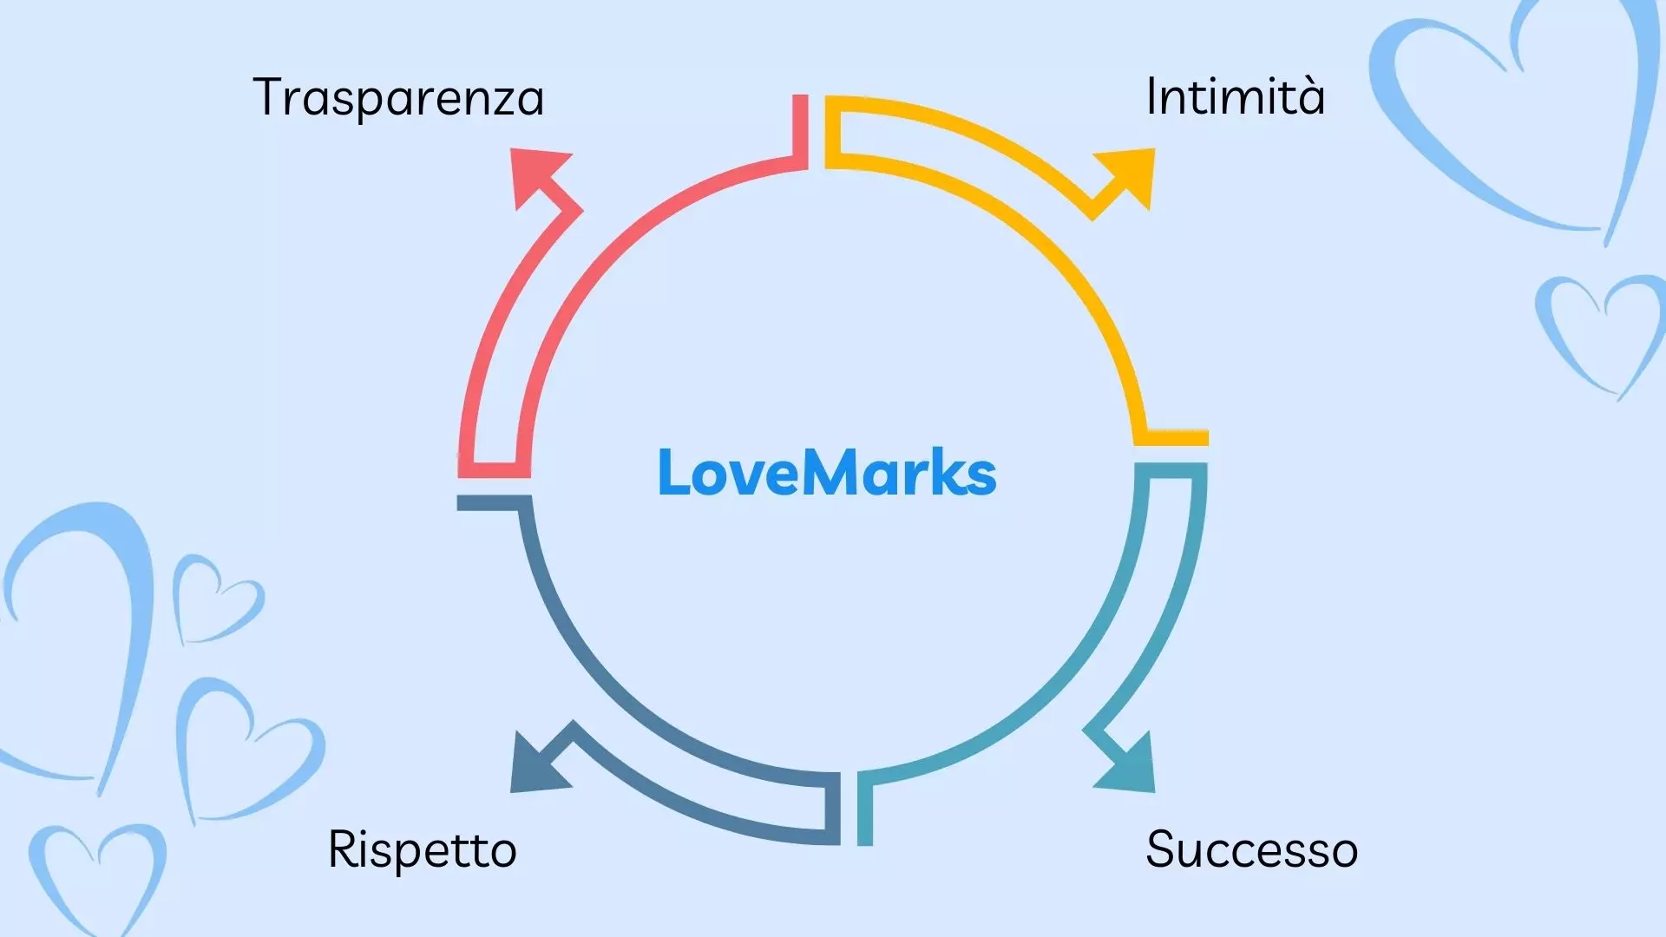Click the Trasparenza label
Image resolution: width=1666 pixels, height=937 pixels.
click(x=398, y=97)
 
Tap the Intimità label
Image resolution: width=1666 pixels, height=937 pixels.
click(x=1235, y=95)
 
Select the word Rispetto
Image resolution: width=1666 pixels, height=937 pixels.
click(x=422, y=849)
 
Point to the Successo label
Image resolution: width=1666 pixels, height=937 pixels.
click(x=1251, y=849)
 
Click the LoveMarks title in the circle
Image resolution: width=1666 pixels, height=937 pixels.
click(x=827, y=473)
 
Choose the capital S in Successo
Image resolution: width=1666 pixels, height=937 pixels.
click(x=1162, y=849)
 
